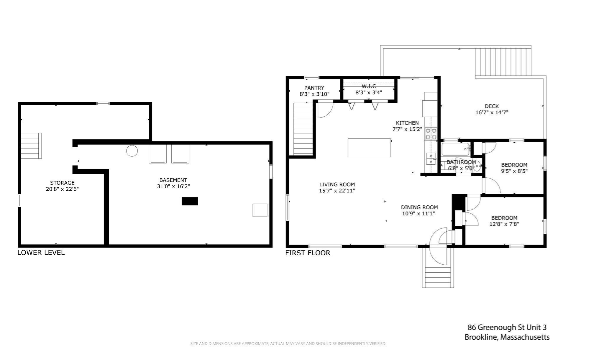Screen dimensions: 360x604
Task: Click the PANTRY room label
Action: tap(314, 88)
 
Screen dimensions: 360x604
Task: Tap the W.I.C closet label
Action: tap(369, 86)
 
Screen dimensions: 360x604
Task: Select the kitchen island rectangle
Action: tap(369, 148)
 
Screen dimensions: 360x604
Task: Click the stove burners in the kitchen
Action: tap(431, 134)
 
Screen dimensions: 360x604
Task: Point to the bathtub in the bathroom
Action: tap(455, 149)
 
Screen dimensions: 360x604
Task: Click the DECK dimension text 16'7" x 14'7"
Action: tap(492, 112)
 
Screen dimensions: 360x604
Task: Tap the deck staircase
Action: tap(503, 62)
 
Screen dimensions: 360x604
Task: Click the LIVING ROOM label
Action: tap(337, 184)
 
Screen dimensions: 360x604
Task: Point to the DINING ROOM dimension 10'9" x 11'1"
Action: tap(418, 213)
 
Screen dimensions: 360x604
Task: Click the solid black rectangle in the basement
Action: tap(190, 201)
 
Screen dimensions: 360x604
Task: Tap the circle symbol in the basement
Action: tap(132, 151)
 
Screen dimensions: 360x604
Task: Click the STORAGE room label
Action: tap(62, 183)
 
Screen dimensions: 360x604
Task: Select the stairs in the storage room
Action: tap(31, 146)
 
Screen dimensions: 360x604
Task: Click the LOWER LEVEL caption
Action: tap(41, 253)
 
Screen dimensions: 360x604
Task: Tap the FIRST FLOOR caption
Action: tap(308, 253)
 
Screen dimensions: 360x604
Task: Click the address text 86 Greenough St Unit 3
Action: tap(507, 327)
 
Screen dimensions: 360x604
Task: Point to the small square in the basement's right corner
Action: tap(260, 210)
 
